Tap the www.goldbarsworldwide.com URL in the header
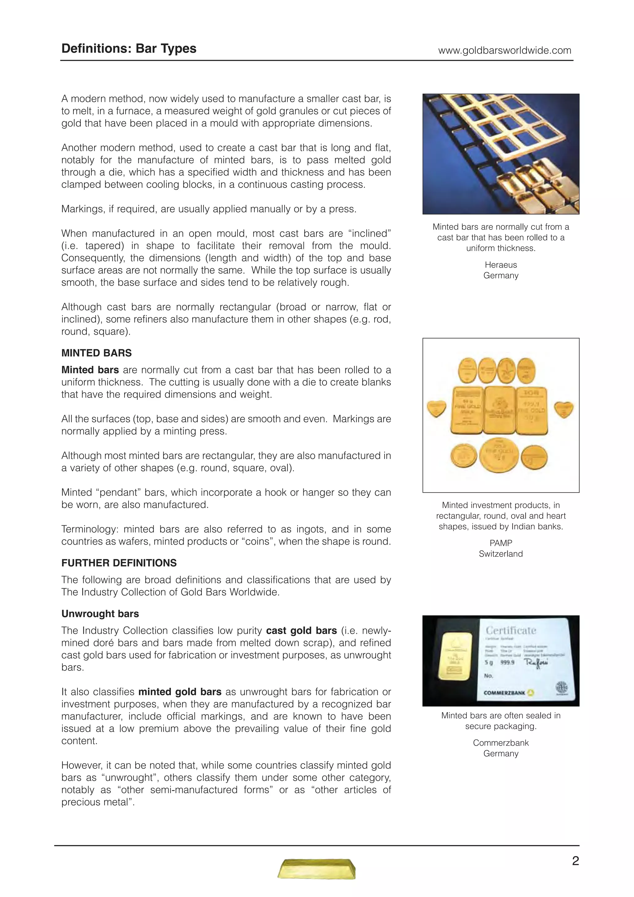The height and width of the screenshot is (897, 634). [504, 50]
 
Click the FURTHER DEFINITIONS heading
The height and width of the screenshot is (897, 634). [119, 563]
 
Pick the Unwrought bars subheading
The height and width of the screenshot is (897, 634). [100, 613]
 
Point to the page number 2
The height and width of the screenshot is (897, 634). [575, 861]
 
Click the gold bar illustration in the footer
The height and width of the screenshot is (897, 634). [317, 869]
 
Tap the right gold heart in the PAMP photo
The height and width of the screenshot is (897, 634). [564, 409]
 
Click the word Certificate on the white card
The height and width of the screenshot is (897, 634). [510, 630]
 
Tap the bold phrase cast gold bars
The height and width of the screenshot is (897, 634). [301, 630]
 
